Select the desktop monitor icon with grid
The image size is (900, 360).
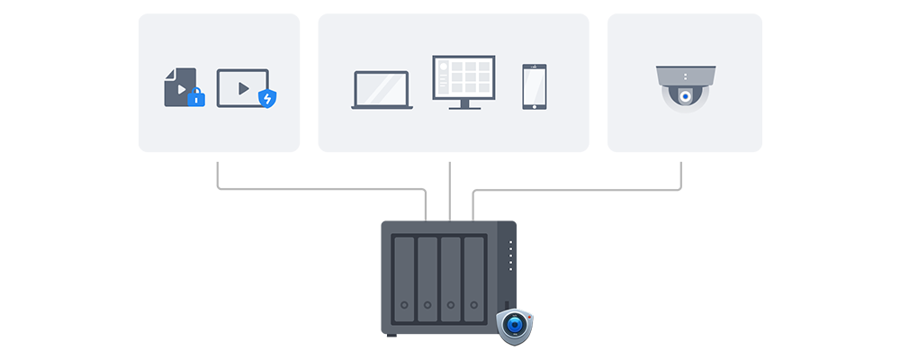pyautogui.click(x=463, y=77)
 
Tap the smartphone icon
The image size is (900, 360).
pyautogui.click(x=535, y=86)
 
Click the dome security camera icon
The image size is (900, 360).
pyautogui.click(x=685, y=87)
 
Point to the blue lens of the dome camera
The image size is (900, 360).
pyautogui.click(x=685, y=96)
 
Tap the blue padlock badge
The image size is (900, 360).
pyautogui.click(x=195, y=98)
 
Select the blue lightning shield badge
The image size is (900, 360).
pyautogui.click(x=267, y=98)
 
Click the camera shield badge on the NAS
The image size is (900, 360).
pyautogui.click(x=515, y=325)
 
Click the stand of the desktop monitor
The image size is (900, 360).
pyautogui.click(x=463, y=103)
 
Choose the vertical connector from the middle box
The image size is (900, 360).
pyautogui.click(x=449, y=189)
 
